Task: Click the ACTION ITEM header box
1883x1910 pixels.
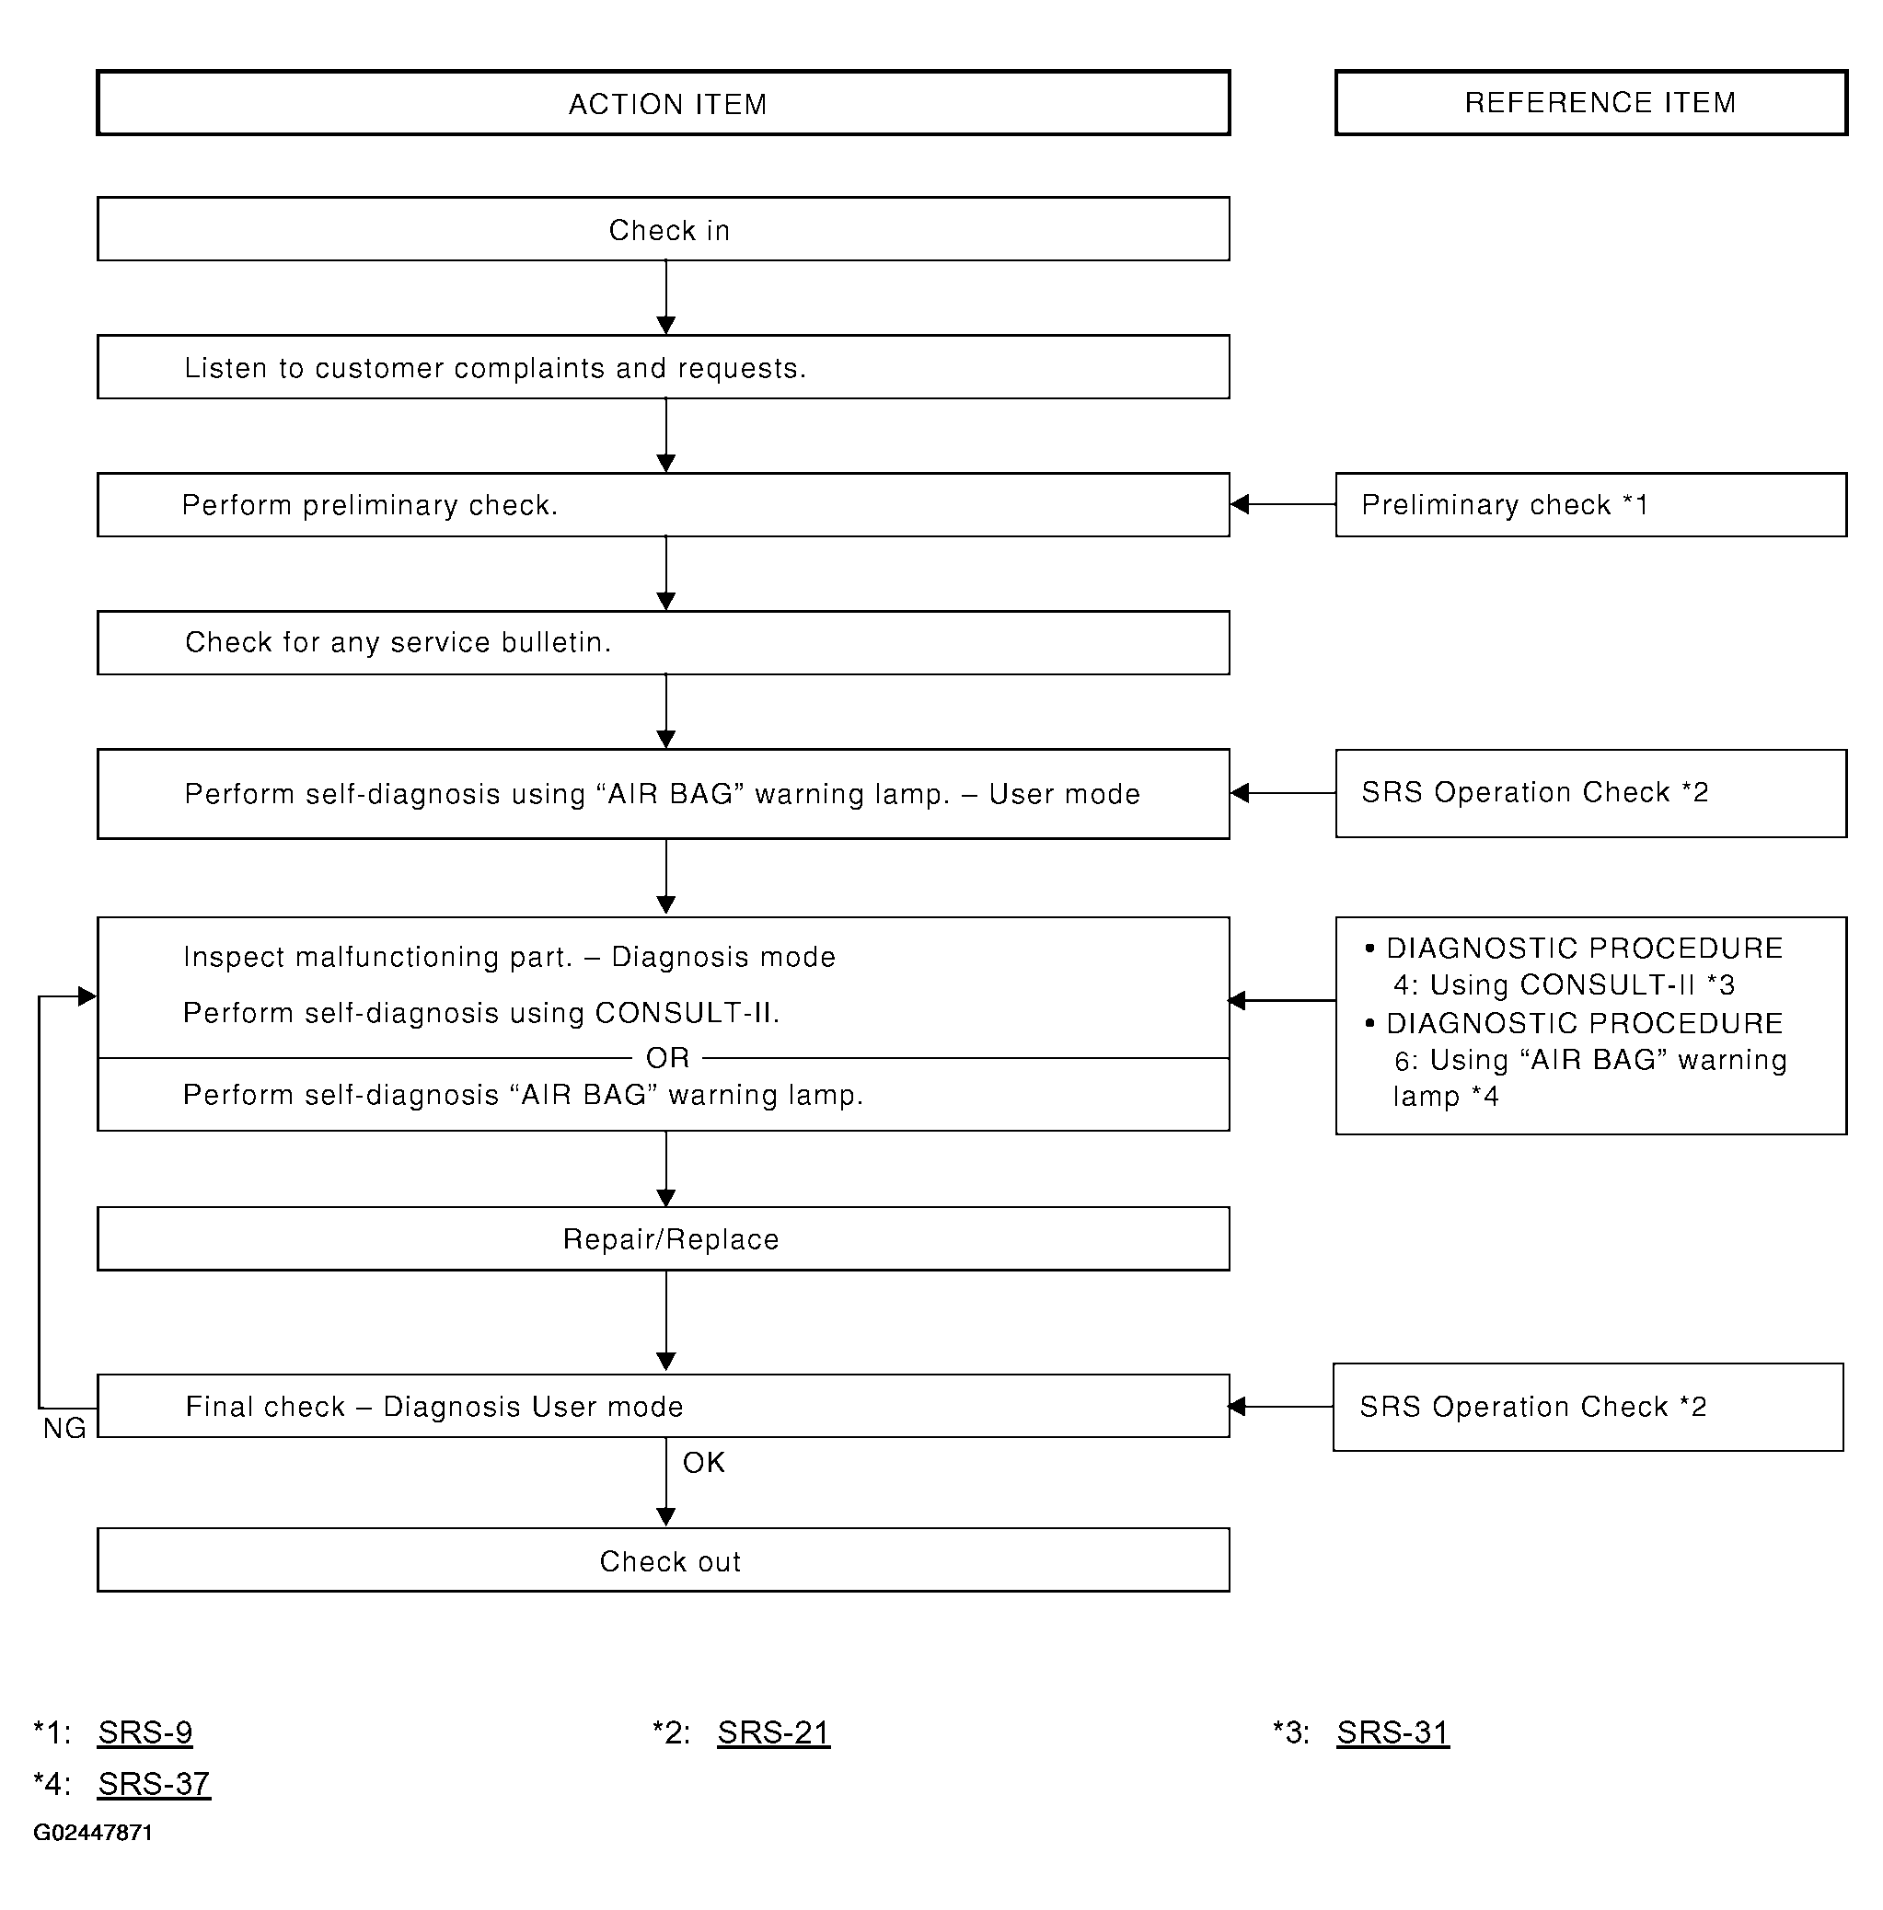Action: (664, 103)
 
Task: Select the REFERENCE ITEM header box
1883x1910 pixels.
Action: (1591, 102)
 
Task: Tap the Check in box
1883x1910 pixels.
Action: (664, 229)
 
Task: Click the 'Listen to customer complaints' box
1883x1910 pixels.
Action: (664, 368)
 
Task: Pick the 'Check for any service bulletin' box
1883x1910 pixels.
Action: (664, 642)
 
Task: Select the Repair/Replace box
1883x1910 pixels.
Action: (664, 1238)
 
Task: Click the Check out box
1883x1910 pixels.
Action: (664, 1560)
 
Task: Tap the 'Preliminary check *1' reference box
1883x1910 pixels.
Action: (1591, 505)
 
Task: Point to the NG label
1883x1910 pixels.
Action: (64, 1429)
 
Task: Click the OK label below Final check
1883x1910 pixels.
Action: (703, 1462)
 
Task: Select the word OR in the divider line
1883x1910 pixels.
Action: (667, 1058)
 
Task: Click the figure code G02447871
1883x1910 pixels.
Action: (93, 1833)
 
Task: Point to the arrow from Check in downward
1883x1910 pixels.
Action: (665, 297)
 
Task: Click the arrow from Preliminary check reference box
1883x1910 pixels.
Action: (1283, 504)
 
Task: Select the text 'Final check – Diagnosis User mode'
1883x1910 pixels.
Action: (434, 1407)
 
